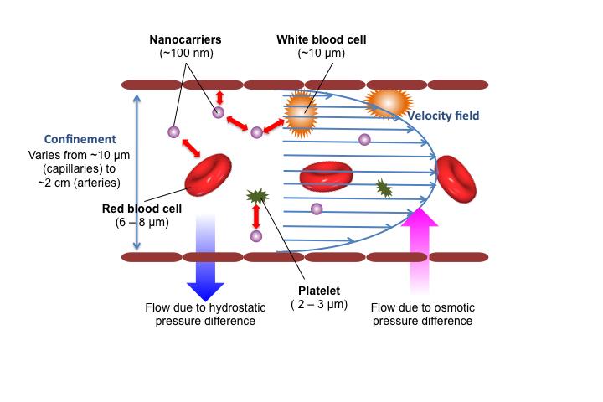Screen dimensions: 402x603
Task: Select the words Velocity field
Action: tap(443, 116)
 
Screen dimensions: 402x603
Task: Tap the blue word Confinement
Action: tap(80, 139)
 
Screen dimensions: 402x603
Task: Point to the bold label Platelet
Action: tap(319, 289)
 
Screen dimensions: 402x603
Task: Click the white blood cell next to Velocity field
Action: tap(388, 102)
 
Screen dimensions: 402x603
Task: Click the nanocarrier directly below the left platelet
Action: tap(256, 236)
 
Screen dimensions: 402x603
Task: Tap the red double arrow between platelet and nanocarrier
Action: tap(256, 216)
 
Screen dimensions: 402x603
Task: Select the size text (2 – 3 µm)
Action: tap(319, 303)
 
